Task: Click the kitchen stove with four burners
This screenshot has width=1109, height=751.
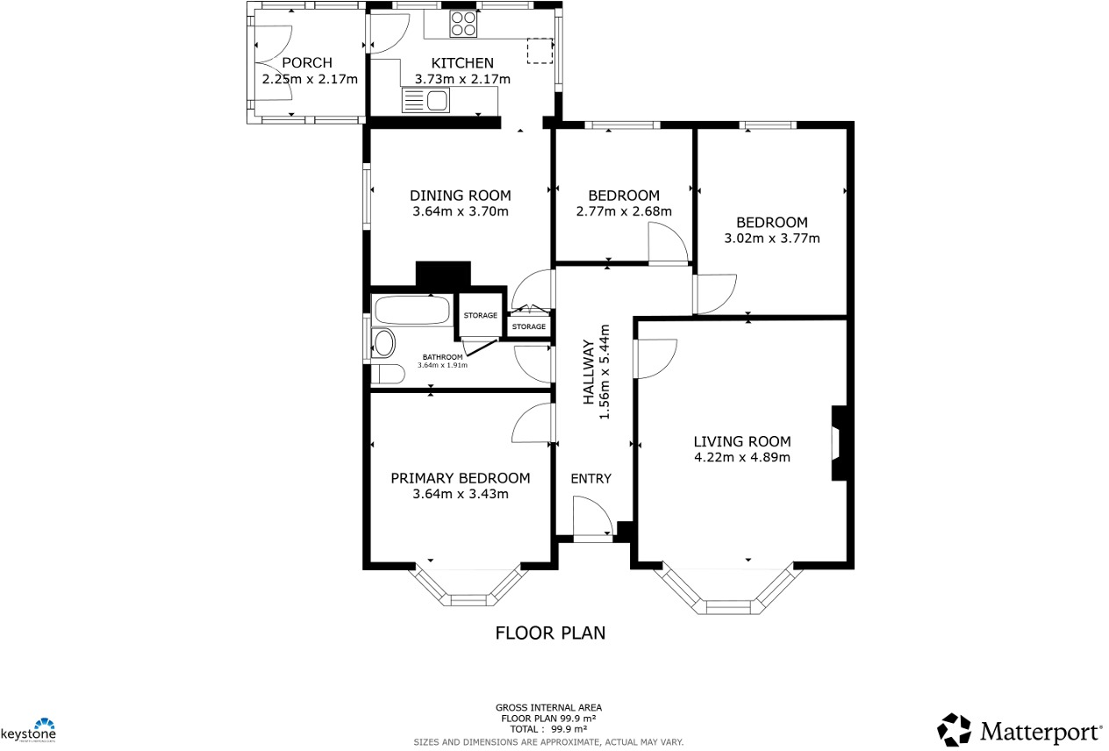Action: click(463, 24)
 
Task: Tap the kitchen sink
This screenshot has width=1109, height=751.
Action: click(426, 101)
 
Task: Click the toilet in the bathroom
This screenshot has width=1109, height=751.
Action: click(386, 375)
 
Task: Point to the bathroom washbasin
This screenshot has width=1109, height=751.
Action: click(384, 343)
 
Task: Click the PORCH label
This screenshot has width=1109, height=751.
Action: click(307, 63)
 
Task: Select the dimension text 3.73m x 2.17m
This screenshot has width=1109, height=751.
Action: click(461, 79)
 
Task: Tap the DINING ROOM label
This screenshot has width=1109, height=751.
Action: click(461, 196)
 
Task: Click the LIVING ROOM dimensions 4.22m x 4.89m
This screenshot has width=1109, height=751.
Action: click(742, 457)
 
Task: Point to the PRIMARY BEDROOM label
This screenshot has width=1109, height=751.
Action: click(461, 478)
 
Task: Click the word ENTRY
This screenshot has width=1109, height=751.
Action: click(590, 478)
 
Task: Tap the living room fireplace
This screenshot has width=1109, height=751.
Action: click(839, 442)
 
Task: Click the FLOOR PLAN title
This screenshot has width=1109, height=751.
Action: click(550, 633)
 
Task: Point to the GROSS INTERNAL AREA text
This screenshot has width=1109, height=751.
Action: click(548, 707)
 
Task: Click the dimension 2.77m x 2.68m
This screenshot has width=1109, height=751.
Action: click(624, 211)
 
